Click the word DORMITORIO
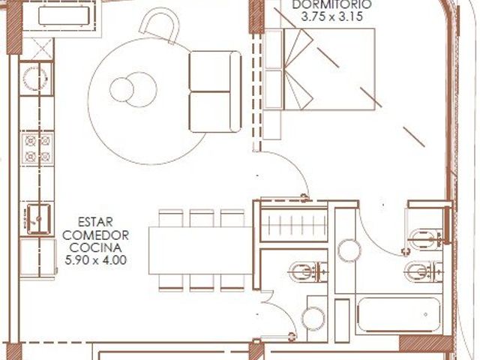331,4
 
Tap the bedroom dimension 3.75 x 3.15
331,16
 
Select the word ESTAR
95,222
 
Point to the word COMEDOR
95,235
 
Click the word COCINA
95,247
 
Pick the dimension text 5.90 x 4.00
95,260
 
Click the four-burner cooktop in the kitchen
37,148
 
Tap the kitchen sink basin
38,218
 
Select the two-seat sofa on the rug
215,91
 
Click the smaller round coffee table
121,90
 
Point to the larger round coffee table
140,90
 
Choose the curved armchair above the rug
159,25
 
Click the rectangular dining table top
201,250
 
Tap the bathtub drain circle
426,314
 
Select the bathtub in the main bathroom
399,314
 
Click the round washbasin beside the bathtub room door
349,250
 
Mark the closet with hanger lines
294,225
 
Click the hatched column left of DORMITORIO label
256,16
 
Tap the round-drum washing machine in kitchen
35,78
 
